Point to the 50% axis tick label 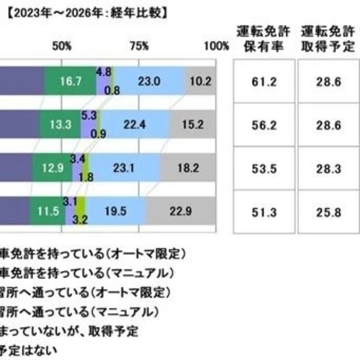coord(62,46)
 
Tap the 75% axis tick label coord(139,46)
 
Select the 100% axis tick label coord(217,46)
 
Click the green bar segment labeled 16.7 coord(70,81)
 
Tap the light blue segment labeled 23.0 coord(151,81)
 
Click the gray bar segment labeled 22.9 coord(181,211)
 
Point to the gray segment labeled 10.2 coord(200,81)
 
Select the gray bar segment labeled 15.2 coord(192,125)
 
